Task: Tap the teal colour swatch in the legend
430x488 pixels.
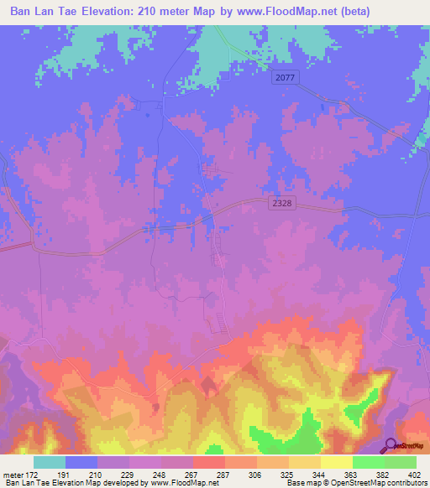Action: coord(50,462)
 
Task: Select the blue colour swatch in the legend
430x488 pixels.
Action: coord(81,462)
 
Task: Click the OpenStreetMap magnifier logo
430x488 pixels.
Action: coord(390,446)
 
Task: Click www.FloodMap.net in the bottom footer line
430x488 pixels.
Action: coord(182,483)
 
